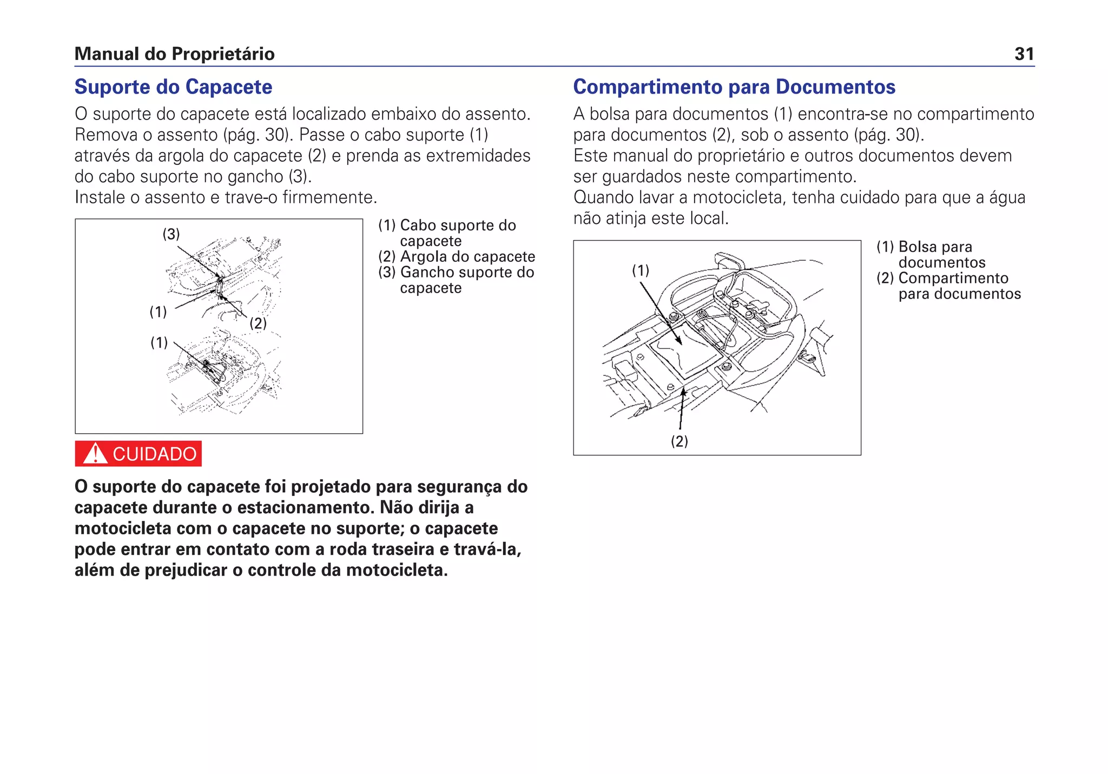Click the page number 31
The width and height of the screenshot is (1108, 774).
tap(1024, 54)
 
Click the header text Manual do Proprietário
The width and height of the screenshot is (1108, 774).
tap(174, 54)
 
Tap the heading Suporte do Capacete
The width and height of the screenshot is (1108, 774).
tap(173, 87)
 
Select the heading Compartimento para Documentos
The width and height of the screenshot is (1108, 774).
tap(734, 87)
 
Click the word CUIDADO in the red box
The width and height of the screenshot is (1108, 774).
tap(154, 454)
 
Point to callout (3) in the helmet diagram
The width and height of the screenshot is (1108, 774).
tap(171, 234)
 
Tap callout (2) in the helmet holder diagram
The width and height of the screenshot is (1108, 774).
tap(258, 323)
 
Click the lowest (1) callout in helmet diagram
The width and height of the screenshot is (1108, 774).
tap(159, 342)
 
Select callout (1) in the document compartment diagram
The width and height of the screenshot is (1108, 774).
tap(641, 270)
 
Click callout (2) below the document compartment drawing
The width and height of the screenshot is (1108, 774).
tap(680, 441)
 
